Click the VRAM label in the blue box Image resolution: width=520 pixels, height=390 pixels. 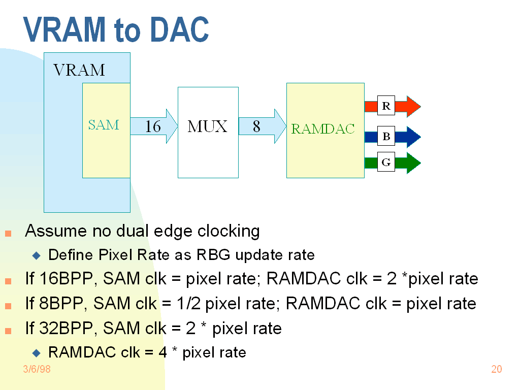[x=79, y=70]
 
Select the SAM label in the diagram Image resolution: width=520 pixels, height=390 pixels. [x=104, y=125]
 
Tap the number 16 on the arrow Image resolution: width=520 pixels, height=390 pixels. [x=153, y=126]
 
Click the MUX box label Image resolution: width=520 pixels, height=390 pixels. [x=207, y=126]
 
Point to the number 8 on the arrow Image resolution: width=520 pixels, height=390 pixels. [x=256, y=126]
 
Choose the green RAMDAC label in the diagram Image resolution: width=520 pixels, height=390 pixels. [x=323, y=129]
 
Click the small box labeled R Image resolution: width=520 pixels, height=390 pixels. [x=386, y=106]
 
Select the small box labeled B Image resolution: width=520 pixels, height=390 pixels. [x=386, y=137]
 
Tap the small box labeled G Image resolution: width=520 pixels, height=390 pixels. [x=386, y=162]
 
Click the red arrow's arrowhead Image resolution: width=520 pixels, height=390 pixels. [x=413, y=106]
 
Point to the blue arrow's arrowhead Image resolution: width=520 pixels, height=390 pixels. [x=413, y=137]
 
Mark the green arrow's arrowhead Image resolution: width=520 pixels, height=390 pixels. [x=413, y=162]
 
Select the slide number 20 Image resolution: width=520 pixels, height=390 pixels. [x=497, y=369]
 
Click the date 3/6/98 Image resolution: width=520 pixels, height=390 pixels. [x=37, y=369]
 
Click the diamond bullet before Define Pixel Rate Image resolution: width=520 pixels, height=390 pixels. [x=36, y=254]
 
